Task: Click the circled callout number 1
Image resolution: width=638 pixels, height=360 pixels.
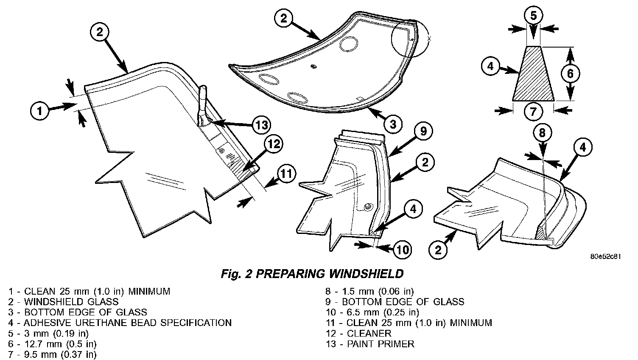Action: (x=40, y=112)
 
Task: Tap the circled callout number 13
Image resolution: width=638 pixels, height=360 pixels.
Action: (x=261, y=125)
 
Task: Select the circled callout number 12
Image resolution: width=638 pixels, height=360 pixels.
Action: (x=273, y=144)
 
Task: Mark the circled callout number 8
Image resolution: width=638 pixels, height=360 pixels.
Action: (x=543, y=133)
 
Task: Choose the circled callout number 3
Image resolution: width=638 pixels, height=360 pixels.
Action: (x=393, y=124)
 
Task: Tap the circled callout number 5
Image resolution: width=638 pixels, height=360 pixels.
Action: (x=534, y=15)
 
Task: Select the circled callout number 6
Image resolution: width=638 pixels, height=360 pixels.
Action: (x=571, y=74)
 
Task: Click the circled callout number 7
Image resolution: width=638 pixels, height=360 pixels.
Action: (x=533, y=112)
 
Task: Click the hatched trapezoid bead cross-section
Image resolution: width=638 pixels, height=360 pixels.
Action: (x=534, y=74)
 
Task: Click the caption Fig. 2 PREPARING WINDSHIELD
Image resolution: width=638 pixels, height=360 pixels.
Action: (x=312, y=274)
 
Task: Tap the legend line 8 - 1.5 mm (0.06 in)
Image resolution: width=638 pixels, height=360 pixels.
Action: (x=369, y=291)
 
